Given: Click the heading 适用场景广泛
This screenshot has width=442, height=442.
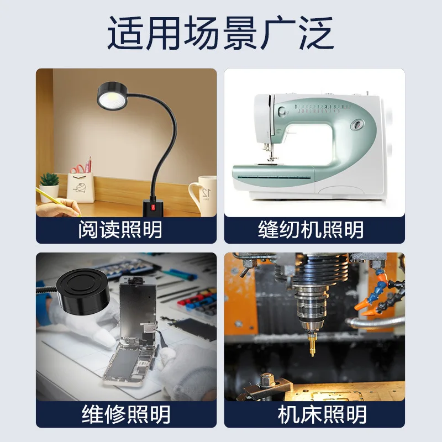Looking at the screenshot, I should (x=220, y=34).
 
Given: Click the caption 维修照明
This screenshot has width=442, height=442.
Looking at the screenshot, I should (x=126, y=414).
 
